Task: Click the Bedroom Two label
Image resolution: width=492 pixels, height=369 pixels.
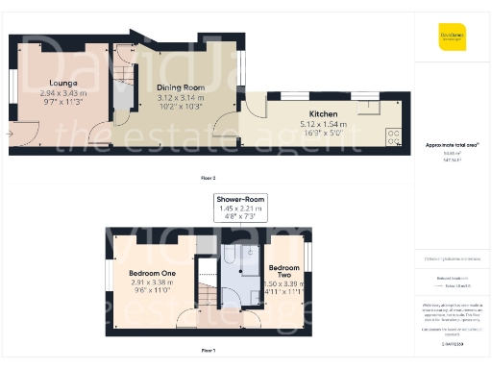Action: tap(284, 271)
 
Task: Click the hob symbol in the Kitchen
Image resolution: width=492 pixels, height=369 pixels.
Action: tap(392, 135)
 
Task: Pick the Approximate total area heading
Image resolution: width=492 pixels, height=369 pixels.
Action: tap(452, 144)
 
